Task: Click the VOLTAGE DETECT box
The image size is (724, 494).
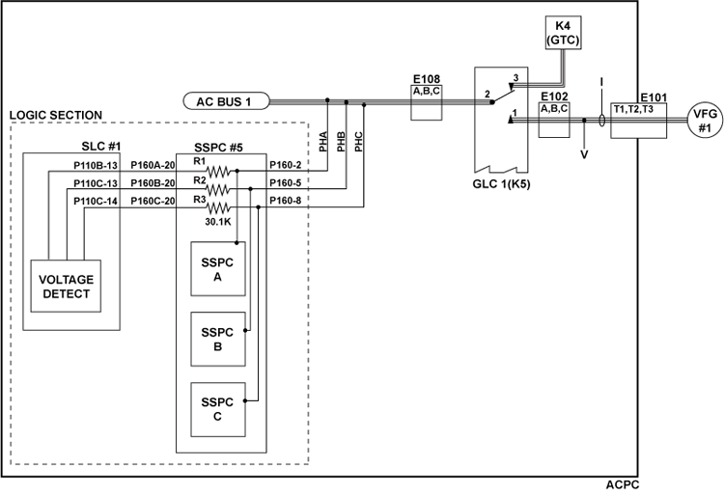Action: [x=66, y=286]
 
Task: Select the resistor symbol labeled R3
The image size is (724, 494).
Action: [x=222, y=206]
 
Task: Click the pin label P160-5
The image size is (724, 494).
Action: [x=288, y=181]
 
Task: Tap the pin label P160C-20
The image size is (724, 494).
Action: [x=153, y=200]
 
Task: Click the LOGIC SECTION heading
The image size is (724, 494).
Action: [x=56, y=115]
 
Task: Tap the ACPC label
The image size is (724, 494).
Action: [x=622, y=485]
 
